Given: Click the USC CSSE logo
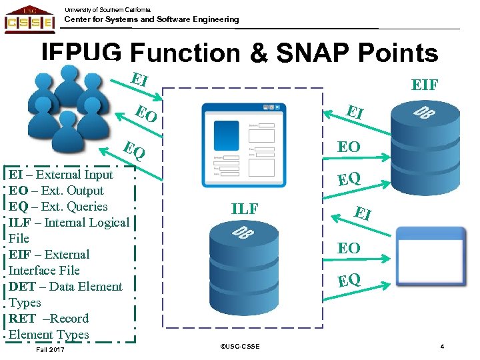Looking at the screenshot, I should pyautogui.click(x=29, y=18).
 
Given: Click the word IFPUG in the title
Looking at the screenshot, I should pyautogui.click(x=81, y=53).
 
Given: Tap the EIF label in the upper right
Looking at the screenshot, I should pyautogui.click(x=425, y=85).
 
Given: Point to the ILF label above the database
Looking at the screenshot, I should pyautogui.click(x=245, y=209).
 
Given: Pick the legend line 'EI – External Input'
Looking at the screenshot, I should pyautogui.click(x=61, y=175).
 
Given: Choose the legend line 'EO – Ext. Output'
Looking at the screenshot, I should pyautogui.click(x=57, y=191).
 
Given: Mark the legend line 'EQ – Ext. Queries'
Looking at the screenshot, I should pyautogui.click(x=59, y=207).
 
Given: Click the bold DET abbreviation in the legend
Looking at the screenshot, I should pyautogui.click(x=22, y=287).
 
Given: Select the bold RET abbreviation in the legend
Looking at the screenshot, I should pyautogui.click(x=21, y=319).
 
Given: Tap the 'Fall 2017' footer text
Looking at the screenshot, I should pyautogui.click(x=51, y=349).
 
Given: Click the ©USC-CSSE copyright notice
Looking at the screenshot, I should pyautogui.click(x=239, y=347).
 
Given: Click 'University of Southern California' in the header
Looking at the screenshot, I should pyautogui.click(x=107, y=9).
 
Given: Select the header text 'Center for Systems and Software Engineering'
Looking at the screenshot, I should pyautogui.click(x=151, y=20).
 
